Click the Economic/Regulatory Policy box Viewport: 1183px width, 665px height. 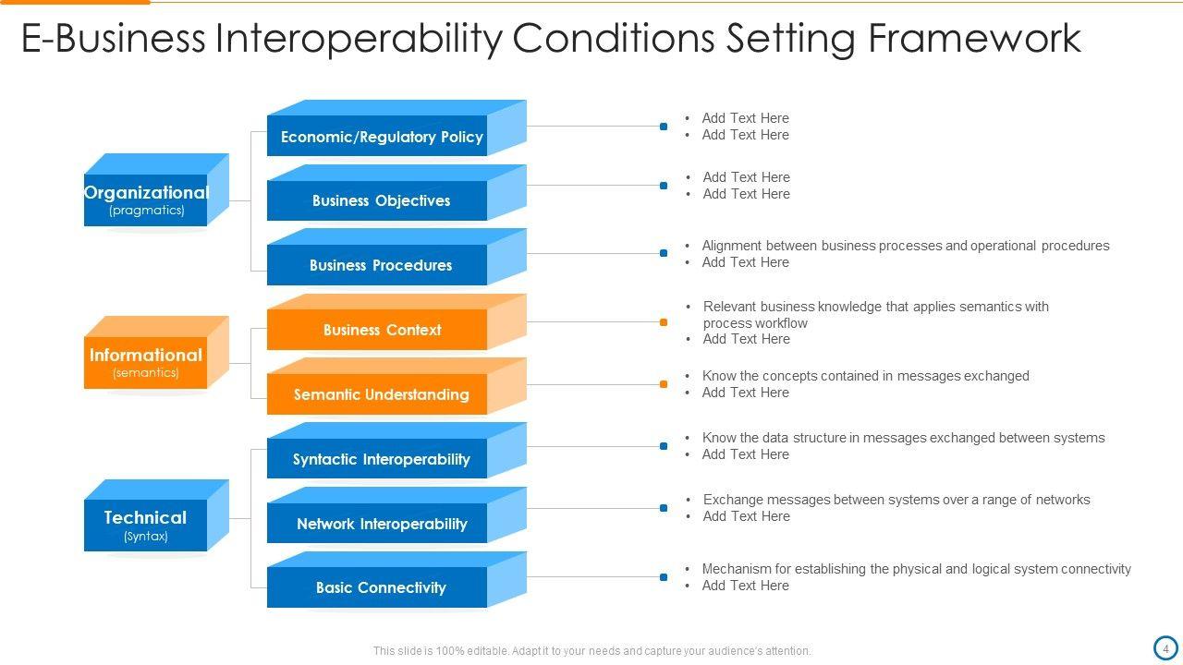point(381,137)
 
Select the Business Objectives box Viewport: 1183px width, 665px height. point(381,200)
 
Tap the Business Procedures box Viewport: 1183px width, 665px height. point(381,265)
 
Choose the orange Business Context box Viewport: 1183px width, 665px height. point(382,330)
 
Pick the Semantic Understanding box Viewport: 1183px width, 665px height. point(381,394)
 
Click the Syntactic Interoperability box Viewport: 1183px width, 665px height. point(381,459)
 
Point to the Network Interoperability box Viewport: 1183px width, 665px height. point(381,524)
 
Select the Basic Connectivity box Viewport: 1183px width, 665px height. point(381,587)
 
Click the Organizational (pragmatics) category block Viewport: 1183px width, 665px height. point(146,199)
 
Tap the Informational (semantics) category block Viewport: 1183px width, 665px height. point(146,362)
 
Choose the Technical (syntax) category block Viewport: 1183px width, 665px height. point(146,525)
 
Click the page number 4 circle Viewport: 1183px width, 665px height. point(1165,647)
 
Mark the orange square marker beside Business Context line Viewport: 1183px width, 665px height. point(664,322)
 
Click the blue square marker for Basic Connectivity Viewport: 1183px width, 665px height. point(664,577)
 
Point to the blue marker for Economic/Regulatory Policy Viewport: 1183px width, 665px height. point(664,127)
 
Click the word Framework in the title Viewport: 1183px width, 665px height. point(974,39)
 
